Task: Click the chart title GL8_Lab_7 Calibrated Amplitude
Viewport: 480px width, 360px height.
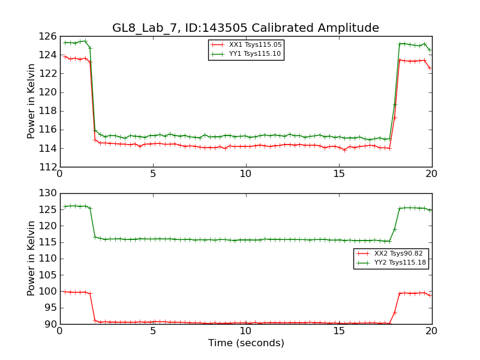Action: click(x=245, y=28)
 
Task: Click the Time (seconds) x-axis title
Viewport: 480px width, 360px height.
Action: click(x=246, y=343)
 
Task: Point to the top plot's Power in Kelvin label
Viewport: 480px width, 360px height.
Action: click(x=32, y=101)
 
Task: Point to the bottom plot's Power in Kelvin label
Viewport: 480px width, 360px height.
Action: click(x=32, y=259)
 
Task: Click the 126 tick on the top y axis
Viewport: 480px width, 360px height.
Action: click(x=48, y=36)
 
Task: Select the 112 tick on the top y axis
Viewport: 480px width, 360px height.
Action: click(x=48, y=167)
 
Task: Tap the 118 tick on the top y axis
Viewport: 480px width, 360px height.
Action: click(x=48, y=111)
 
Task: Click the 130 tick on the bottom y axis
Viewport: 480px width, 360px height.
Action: click(x=48, y=193)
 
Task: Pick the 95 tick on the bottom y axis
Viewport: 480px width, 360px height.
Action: click(x=50, y=308)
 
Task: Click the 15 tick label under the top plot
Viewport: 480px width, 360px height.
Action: click(x=339, y=174)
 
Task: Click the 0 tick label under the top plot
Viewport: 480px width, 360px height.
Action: click(x=60, y=174)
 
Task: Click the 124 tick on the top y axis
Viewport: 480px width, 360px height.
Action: click(x=48, y=55)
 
